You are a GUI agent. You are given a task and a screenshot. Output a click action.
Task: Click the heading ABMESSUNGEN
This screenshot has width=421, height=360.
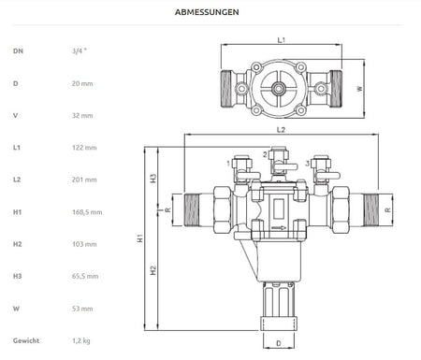click(207, 12)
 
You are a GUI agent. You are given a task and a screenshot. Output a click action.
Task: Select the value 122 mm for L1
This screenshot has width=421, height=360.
click(84, 148)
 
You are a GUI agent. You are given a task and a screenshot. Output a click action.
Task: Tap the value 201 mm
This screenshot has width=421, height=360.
click(84, 180)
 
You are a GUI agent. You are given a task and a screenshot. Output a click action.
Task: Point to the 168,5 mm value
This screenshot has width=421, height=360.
click(87, 212)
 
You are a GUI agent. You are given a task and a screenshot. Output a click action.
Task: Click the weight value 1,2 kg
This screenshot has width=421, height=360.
click(81, 340)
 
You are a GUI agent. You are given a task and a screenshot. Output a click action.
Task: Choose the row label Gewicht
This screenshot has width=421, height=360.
click(26, 340)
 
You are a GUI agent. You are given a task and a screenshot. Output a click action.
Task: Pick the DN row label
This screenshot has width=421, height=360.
click(18, 50)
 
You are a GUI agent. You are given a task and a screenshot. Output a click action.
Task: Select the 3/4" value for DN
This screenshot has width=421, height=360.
click(80, 50)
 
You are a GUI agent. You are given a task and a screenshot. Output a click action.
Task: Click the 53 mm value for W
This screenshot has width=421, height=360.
click(82, 309)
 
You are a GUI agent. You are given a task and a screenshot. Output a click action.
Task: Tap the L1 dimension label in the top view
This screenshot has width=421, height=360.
click(282, 40)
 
